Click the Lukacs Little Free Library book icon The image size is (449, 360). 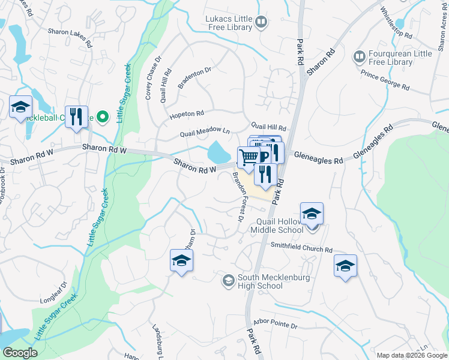pyautogui.click(x=261, y=23)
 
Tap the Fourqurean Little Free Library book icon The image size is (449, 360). pyautogui.click(x=360, y=57)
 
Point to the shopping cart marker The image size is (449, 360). pyautogui.click(x=249, y=158)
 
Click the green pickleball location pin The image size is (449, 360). pyautogui.click(x=102, y=117)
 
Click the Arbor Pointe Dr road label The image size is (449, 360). pyautogui.click(x=275, y=325)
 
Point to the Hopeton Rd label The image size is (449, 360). pyautogui.click(x=187, y=113)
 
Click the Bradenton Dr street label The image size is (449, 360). pyautogui.click(x=195, y=79)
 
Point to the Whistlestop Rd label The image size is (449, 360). pyautogui.click(x=397, y=23)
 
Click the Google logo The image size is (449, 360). pyautogui.click(x=20, y=353)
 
